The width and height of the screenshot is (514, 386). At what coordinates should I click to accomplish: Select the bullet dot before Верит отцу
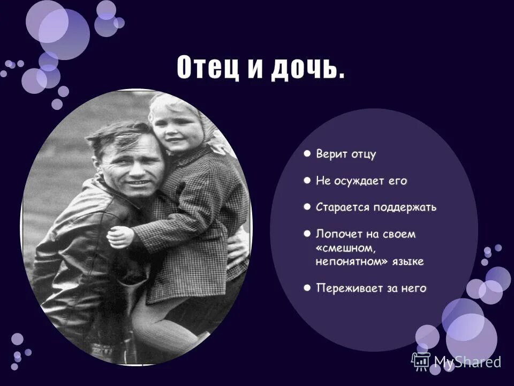pos(307,154)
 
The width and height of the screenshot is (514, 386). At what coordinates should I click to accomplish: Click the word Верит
pos(330,155)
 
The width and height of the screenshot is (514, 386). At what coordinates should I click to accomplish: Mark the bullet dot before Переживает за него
pos(307,288)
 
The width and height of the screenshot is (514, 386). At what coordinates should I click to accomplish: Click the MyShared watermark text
pos(467,361)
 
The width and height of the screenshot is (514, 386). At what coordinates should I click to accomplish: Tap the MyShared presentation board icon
pos(421,360)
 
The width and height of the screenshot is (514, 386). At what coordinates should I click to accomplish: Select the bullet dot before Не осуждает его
pos(307,181)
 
